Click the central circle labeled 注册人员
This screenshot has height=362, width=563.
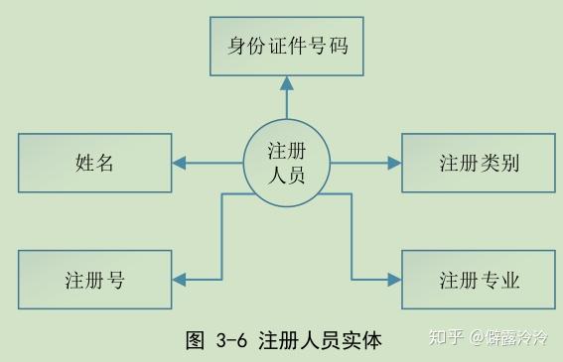tap(287, 163)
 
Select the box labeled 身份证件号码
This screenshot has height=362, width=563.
tap(286, 46)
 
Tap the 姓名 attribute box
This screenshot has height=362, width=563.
tap(94, 163)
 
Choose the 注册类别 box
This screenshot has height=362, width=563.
tap(479, 163)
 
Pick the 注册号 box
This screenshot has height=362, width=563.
tap(94, 280)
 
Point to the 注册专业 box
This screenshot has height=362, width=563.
tap(479, 280)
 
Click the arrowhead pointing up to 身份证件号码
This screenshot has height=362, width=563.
tap(287, 85)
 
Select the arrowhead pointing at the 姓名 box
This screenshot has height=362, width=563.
tap(181, 163)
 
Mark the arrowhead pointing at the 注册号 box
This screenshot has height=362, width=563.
tap(181, 280)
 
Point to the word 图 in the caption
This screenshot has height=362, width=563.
tap(196, 340)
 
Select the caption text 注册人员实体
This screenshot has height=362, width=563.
tap(319, 340)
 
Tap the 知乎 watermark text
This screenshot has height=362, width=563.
tap(444, 338)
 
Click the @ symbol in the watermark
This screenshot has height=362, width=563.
tap(477, 338)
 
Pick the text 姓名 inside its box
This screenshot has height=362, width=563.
tap(94, 163)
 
